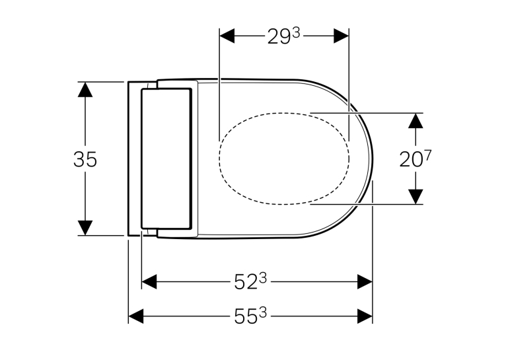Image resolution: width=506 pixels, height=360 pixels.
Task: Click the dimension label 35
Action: tap(85, 159)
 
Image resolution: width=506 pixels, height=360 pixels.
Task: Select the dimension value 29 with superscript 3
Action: tap(283, 36)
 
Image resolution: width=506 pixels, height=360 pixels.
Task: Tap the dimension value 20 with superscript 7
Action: tap(416, 159)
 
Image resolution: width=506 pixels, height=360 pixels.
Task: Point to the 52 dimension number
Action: tap(251, 281)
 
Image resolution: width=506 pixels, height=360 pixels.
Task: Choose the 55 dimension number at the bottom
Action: tap(251, 316)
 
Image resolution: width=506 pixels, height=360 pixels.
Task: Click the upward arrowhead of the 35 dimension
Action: tap(85, 89)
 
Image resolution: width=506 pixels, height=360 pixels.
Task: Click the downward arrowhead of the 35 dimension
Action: tap(85, 228)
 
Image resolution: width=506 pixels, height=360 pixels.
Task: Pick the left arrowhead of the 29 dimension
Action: tap(227, 36)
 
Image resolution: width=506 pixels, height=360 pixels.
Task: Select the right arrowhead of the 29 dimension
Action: tap(341, 36)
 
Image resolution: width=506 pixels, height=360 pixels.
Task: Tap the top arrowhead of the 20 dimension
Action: tap(416, 121)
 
